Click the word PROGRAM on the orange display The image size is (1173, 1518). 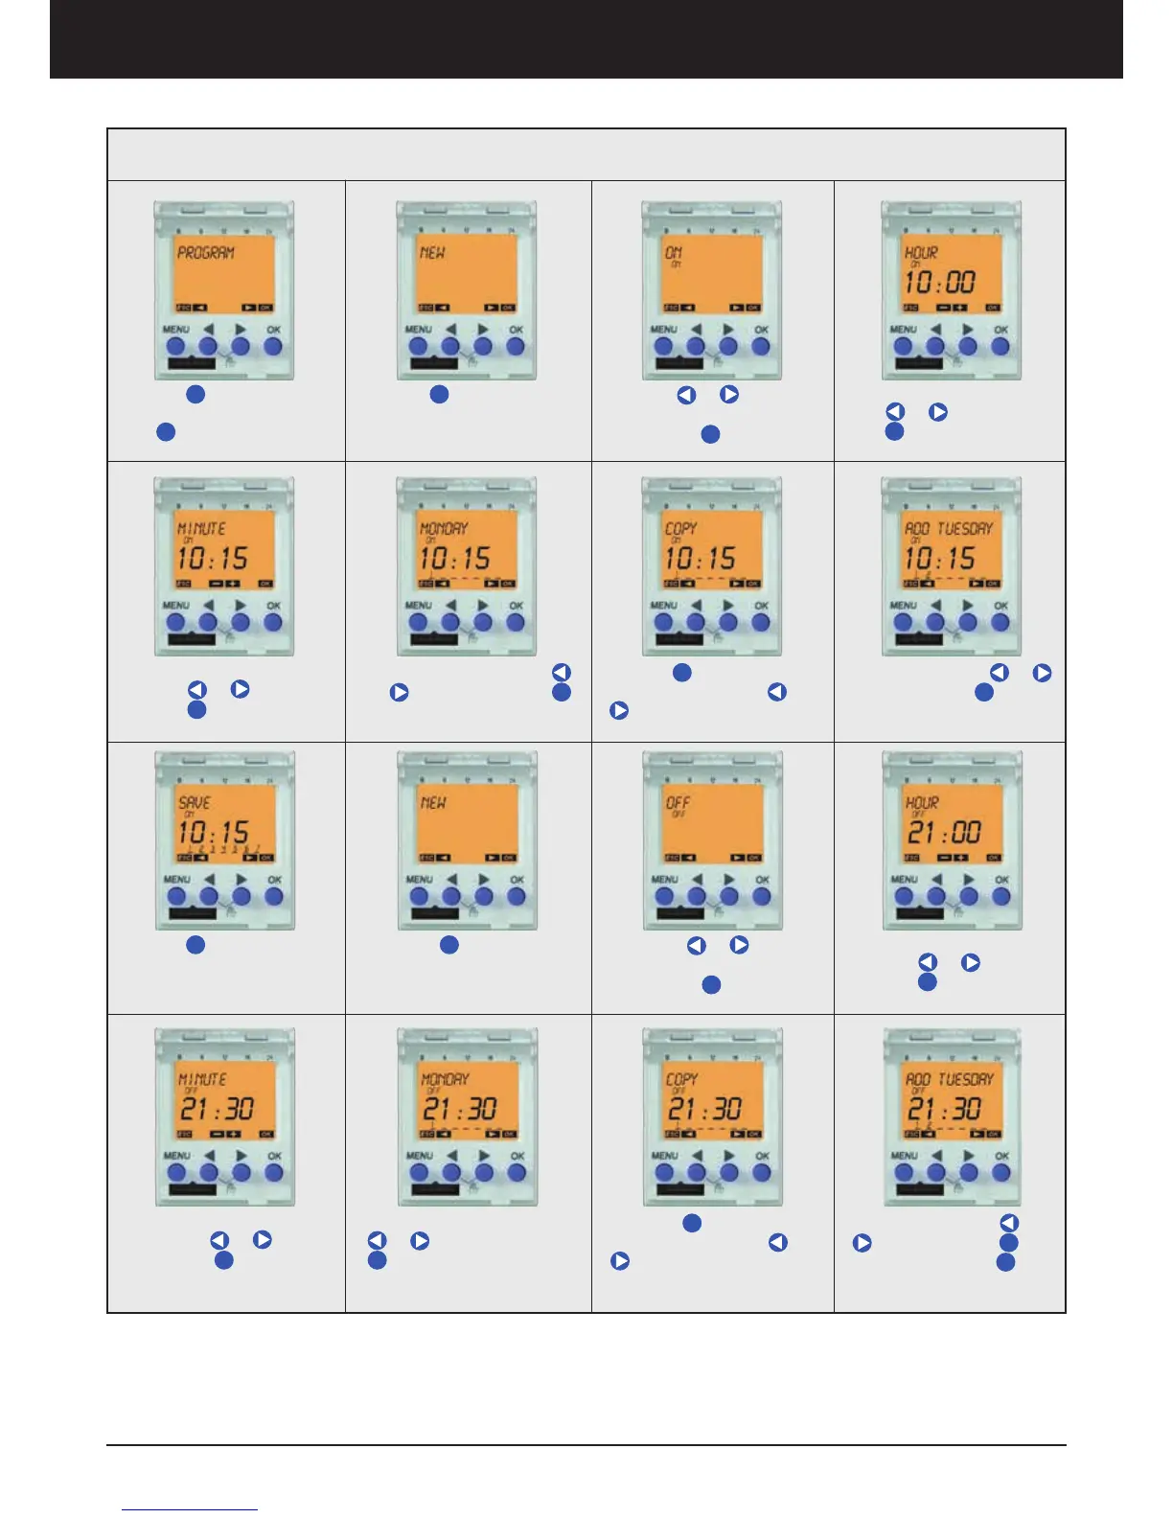click(206, 253)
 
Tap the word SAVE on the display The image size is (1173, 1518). click(195, 803)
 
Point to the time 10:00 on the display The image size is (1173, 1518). click(940, 282)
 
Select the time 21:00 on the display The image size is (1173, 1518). click(943, 832)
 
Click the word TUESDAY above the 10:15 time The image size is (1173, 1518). click(965, 528)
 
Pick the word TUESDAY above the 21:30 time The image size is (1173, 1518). click(966, 1079)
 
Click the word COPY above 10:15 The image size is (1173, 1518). click(681, 528)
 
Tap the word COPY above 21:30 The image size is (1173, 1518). click(682, 1079)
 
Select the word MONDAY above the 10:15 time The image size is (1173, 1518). click(445, 528)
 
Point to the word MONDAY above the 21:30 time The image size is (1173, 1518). click(446, 1079)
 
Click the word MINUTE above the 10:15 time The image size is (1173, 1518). click(202, 528)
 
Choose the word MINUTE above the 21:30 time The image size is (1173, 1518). click(203, 1079)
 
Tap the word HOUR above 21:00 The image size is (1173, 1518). click(923, 803)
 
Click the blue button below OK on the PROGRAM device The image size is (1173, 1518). click(273, 346)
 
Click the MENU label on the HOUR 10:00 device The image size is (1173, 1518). click(904, 330)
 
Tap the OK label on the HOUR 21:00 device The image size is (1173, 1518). click(1001, 880)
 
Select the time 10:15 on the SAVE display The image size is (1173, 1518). click(214, 832)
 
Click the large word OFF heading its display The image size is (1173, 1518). click(678, 803)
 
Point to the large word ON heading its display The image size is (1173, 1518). click(674, 253)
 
